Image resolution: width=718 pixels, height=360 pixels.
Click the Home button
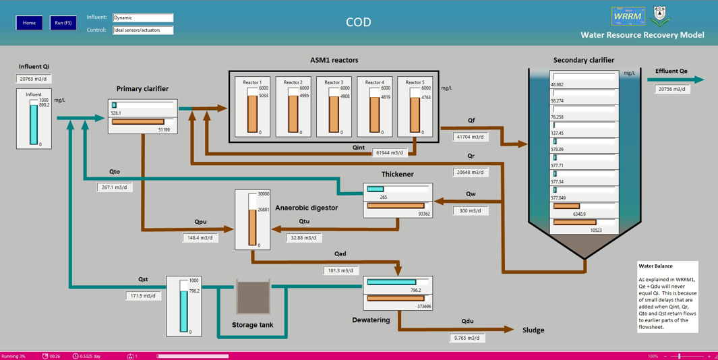click(x=29, y=23)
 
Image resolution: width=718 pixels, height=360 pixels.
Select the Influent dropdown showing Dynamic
click(x=142, y=18)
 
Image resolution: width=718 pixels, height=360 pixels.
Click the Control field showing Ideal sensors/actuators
click(x=142, y=30)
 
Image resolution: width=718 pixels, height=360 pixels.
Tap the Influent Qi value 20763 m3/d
click(x=34, y=79)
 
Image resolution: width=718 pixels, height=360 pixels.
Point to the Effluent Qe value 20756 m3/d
click(x=672, y=89)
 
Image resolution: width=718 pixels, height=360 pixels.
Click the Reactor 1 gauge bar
click(x=253, y=113)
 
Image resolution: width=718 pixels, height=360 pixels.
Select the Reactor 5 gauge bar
click(x=415, y=113)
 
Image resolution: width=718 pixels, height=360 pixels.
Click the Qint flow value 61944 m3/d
click(x=390, y=153)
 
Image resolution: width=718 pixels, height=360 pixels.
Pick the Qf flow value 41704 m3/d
click(x=471, y=137)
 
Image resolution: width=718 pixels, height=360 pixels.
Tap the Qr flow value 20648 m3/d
click(x=470, y=173)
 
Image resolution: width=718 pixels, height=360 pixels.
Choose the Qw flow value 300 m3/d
click(x=470, y=211)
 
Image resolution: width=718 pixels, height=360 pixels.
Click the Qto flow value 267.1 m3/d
click(x=115, y=187)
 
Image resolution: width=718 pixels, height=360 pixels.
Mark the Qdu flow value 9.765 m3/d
click(x=467, y=338)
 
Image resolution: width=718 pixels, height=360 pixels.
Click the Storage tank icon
click(x=253, y=297)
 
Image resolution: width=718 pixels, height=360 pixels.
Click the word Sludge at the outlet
click(x=533, y=330)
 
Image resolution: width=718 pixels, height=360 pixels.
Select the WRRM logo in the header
click(x=627, y=16)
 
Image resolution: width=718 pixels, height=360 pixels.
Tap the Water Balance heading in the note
click(x=655, y=266)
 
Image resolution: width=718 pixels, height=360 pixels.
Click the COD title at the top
click(x=358, y=22)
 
